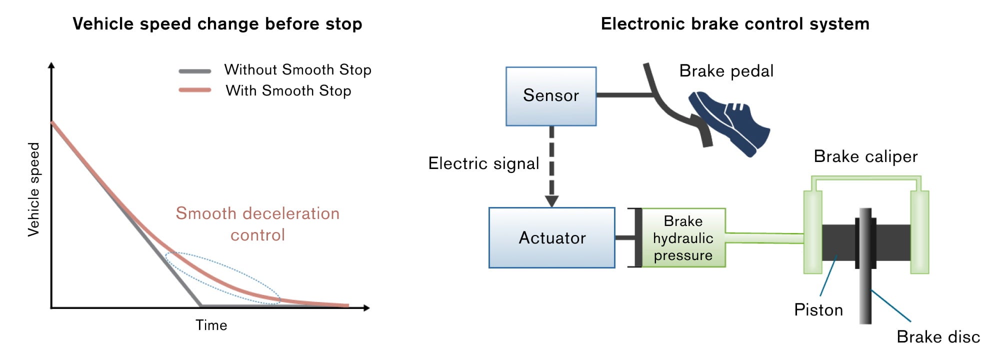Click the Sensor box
click(x=551, y=96)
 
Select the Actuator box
click(x=552, y=238)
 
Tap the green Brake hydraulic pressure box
click(x=683, y=238)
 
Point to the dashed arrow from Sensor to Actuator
click(x=551, y=166)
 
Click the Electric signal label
click(x=483, y=163)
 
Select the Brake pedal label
click(x=726, y=71)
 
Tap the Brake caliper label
click(x=865, y=156)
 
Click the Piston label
click(x=818, y=310)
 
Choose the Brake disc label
click(x=938, y=337)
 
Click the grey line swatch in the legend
click(x=194, y=71)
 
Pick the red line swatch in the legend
click(x=194, y=90)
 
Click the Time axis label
click(x=211, y=325)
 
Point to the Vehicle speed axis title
click(x=33, y=189)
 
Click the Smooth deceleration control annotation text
click(x=257, y=224)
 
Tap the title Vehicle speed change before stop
click(x=217, y=24)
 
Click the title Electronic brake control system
click(x=735, y=24)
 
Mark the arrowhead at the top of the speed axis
click(x=51, y=65)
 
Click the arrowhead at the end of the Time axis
click(x=366, y=308)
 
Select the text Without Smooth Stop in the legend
click(x=297, y=70)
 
